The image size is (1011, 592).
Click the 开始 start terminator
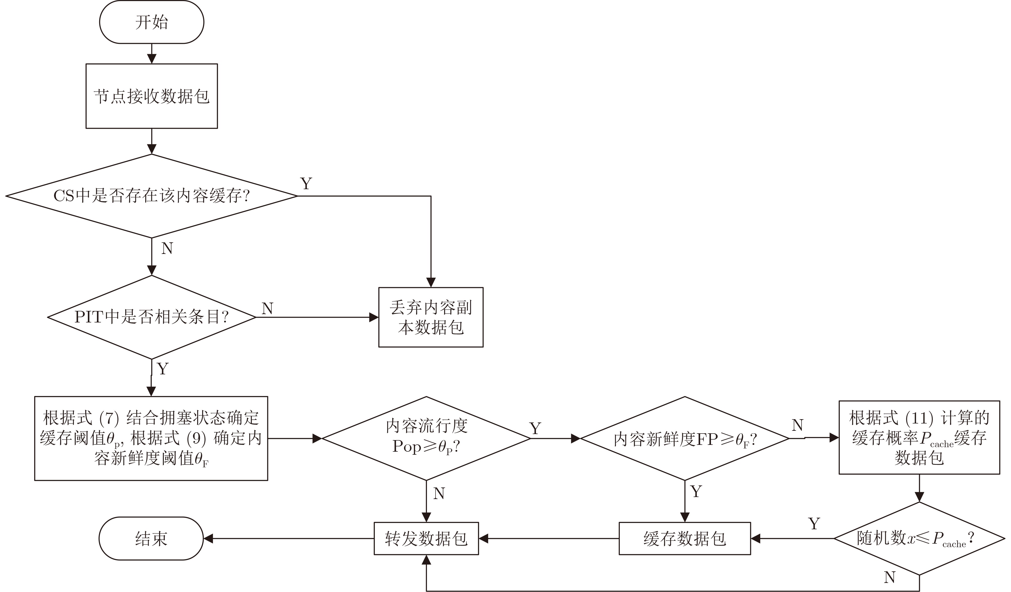[x=152, y=22]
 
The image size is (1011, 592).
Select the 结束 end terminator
[x=151, y=538]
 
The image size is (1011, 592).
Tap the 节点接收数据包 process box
[x=152, y=96]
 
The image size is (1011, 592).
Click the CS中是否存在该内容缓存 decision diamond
[x=152, y=196]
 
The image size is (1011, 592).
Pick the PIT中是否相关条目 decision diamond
[x=152, y=317]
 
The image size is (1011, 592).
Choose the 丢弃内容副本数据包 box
[x=431, y=317]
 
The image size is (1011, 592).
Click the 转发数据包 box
[x=426, y=538]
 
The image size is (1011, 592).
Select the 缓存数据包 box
[x=684, y=538]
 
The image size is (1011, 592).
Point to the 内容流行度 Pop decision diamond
[x=426, y=438]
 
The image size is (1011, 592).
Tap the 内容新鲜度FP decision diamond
[x=684, y=438]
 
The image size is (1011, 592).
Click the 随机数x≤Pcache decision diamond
[x=919, y=538]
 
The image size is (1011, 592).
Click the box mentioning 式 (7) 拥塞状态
[x=151, y=438]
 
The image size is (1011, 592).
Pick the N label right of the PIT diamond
[x=268, y=308]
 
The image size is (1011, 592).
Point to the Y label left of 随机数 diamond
[x=814, y=524]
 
